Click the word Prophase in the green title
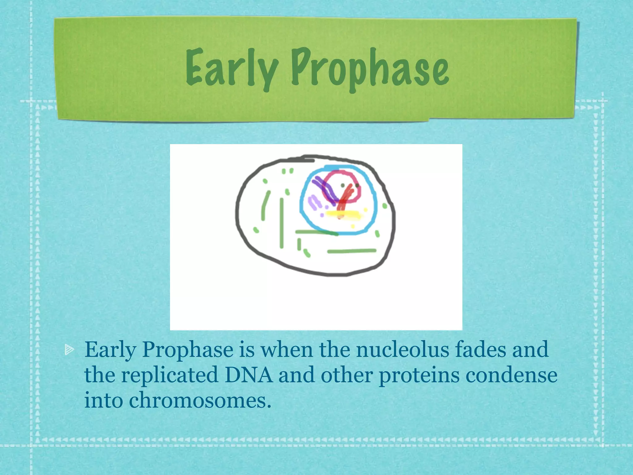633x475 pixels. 370,69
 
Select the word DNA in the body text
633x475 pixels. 249,375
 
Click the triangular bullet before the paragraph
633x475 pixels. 69,350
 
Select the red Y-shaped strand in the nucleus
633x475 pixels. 345,198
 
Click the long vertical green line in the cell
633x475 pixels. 282,223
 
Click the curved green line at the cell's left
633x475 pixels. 265,206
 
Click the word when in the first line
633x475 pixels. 287,350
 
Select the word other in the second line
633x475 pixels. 346,375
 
